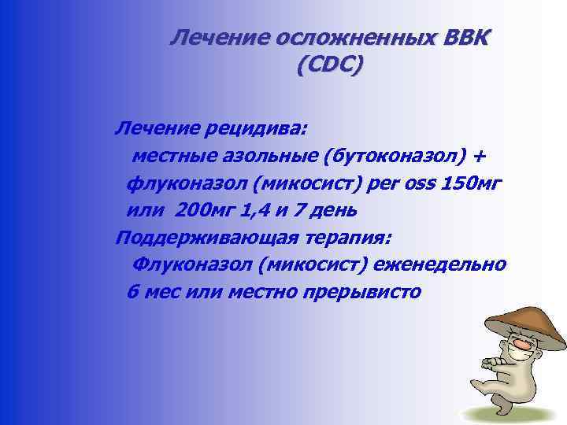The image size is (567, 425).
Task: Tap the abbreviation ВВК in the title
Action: click(x=458, y=38)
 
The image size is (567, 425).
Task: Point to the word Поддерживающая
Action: click(x=209, y=238)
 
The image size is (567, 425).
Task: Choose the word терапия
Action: click(x=350, y=238)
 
